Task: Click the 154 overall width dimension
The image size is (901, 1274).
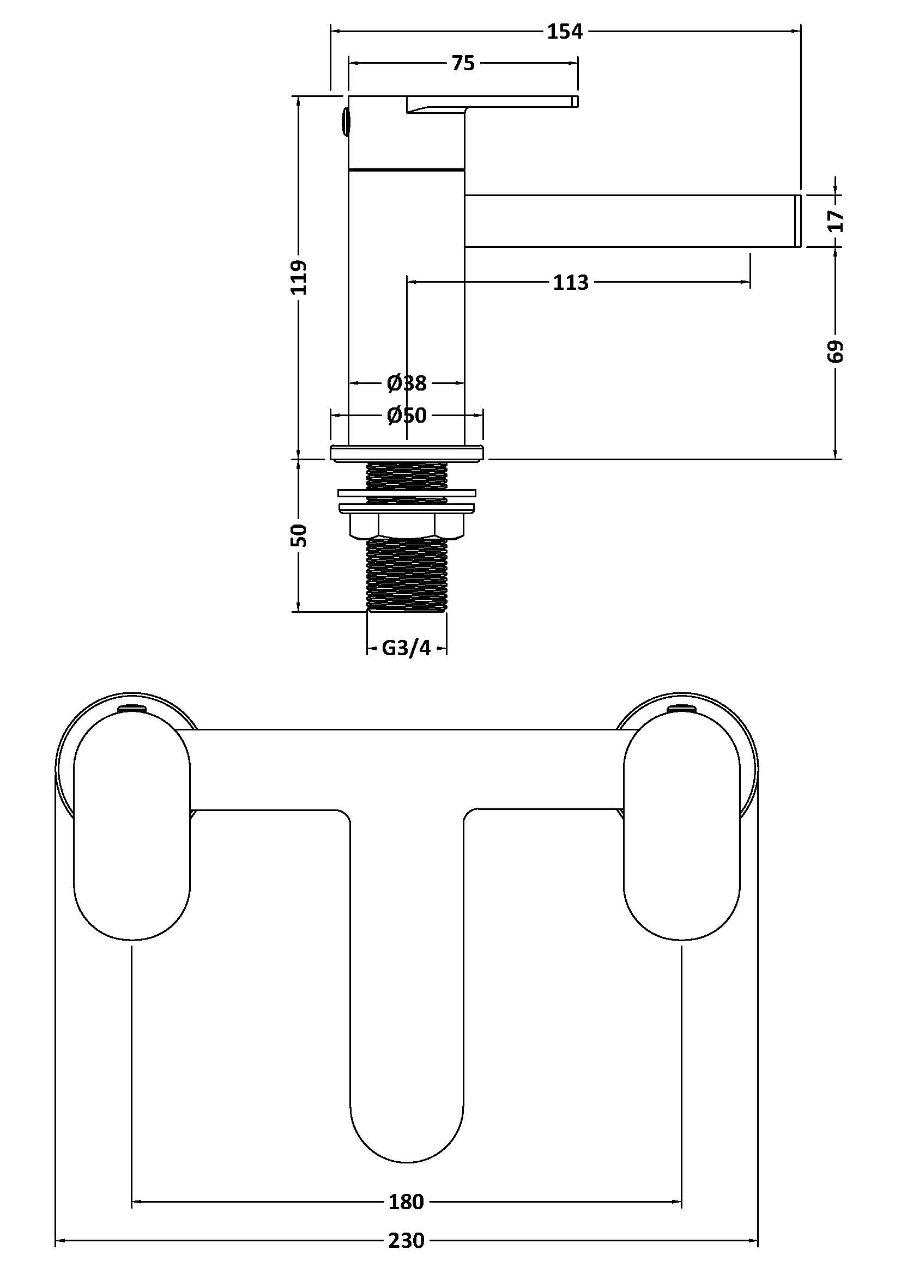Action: pos(565,32)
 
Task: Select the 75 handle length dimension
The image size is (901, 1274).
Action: pos(463,64)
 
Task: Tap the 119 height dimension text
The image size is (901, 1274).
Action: pos(299,277)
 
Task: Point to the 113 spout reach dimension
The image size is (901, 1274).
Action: pos(570,283)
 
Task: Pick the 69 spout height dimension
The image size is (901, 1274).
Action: pos(836,351)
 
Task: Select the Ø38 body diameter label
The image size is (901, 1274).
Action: pos(407,383)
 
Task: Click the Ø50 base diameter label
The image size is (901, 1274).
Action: pos(407,415)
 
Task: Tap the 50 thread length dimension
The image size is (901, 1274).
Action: pos(299,535)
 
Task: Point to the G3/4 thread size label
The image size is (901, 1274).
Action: pos(407,648)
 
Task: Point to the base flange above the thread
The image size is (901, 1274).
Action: pos(407,452)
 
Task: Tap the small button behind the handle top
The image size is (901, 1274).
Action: pos(344,122)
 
